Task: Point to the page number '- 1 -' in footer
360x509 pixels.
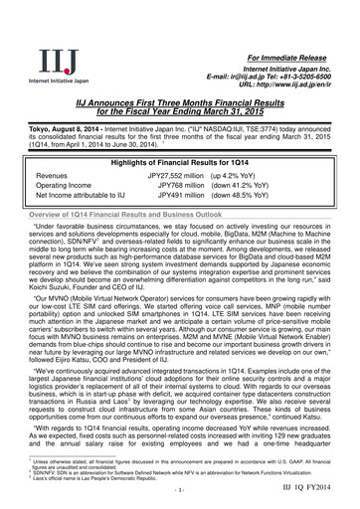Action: point(179,491)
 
